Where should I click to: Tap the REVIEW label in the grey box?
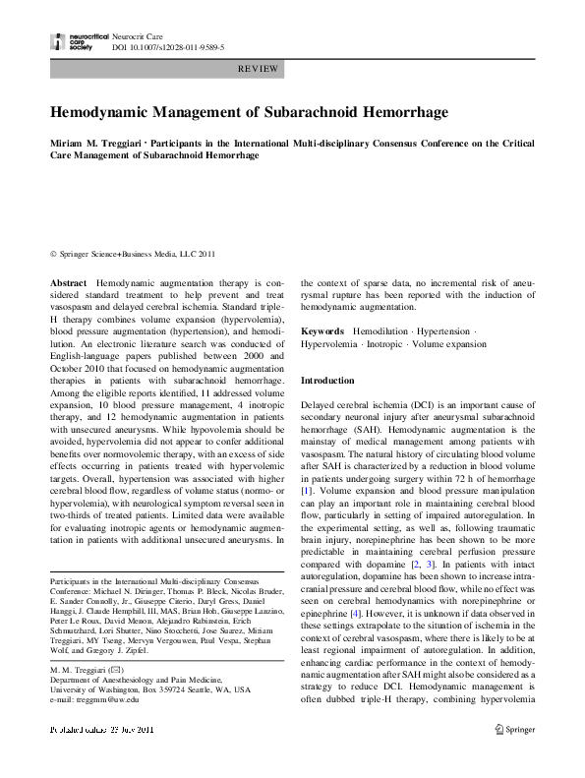258,69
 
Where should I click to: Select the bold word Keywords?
322,332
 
